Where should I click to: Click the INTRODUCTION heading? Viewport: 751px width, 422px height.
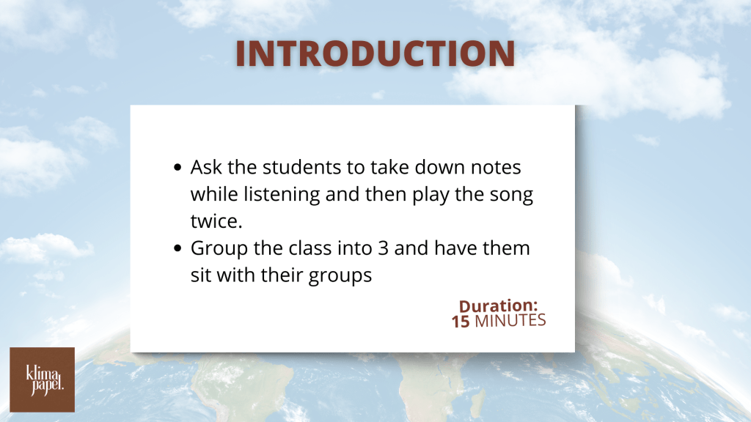[375, 53]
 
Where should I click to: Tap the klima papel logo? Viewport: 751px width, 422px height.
[42, 380]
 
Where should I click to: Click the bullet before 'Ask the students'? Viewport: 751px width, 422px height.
[177, 168]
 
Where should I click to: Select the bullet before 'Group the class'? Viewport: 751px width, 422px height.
[177, 248]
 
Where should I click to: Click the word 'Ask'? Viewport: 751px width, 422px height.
[206, 168]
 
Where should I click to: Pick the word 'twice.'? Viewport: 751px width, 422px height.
[216, 221]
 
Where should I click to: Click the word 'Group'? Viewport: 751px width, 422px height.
[219, 249]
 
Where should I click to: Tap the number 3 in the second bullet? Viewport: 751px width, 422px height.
[383, 248]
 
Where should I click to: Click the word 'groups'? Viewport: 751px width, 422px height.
[340, 276]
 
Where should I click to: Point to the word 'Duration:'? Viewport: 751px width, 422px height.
[498, 306]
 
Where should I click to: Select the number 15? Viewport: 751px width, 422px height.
[461, 322]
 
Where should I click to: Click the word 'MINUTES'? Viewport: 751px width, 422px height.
[510, 321]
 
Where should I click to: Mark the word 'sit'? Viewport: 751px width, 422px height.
[201, 275]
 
